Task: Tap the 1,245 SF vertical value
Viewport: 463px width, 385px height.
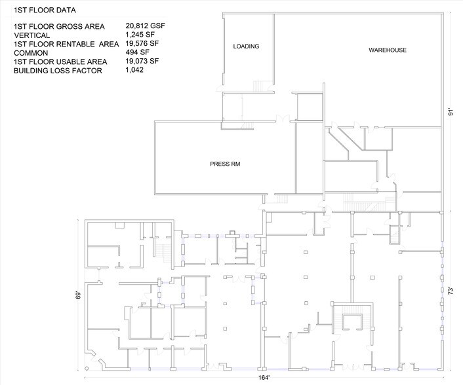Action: [142, 35]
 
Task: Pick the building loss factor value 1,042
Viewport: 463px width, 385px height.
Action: [134, 69]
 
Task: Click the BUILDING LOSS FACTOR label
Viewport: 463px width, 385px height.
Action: [58, 70]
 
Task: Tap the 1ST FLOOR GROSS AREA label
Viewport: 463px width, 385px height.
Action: [59, 27]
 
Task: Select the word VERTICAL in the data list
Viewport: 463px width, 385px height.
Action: [32, 35]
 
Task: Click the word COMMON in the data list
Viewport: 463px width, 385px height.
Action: [31, 52]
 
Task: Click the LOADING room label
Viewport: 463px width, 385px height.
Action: [246, 46]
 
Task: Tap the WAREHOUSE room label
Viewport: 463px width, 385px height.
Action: [387, 50]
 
